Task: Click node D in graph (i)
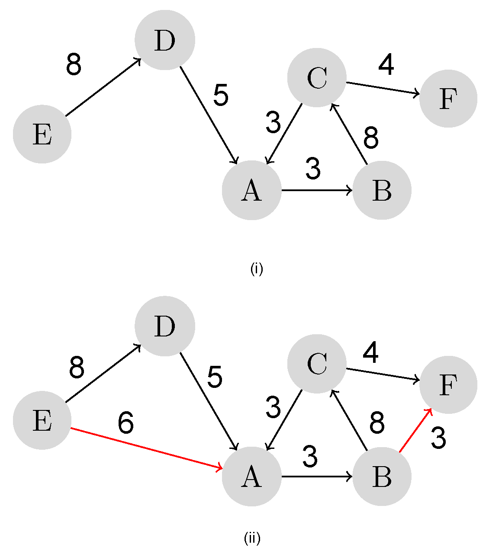[x=164, y=40]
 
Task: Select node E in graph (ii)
[x=42, y=420]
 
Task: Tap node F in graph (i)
[x=448, y=99]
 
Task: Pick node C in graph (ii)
[x=317, y=364]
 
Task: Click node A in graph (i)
[x=251, y=190]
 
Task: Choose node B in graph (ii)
[x=381, y=477]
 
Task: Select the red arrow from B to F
[x=415, y=431]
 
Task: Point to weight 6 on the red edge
[x=125, y=422]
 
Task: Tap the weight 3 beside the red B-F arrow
[x=438, y=438]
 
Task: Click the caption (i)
[x=257, y=269]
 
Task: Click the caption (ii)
[x=252, y=538]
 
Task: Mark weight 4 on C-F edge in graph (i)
[x=386, y=65]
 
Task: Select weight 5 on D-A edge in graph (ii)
[x=215, y=377]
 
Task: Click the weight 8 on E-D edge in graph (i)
[x=74, y=65]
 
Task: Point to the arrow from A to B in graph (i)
[x=316, y=190]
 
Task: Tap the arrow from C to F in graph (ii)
[x=383, y=374]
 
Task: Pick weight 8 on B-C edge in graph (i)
[x=371, y=138]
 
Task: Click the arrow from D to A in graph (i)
[x=209, y=115]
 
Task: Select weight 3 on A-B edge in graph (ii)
[x=310, y=457]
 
